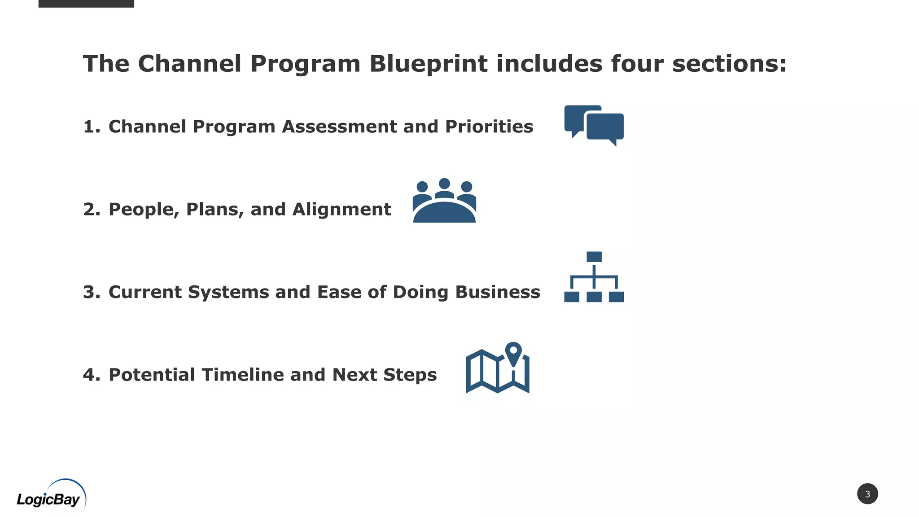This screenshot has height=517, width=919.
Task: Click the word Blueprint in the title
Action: tap(428, 64)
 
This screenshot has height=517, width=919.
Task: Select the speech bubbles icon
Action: tap(594, 125)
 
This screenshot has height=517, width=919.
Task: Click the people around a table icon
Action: tap(444, 201)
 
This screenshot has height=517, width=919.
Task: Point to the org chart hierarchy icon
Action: tap(594, 277)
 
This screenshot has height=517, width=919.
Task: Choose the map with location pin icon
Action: tap(497, 368)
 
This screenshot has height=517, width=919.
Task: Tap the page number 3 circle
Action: tap(867, 494)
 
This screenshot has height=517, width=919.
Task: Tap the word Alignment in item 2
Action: tap(341, 210)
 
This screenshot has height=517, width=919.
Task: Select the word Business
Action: tap(498, 292)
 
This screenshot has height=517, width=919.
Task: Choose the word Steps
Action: tap(410, 375)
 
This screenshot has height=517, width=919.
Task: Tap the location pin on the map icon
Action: tap(513, 352)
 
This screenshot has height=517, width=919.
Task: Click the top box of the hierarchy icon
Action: tap(594, 257)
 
